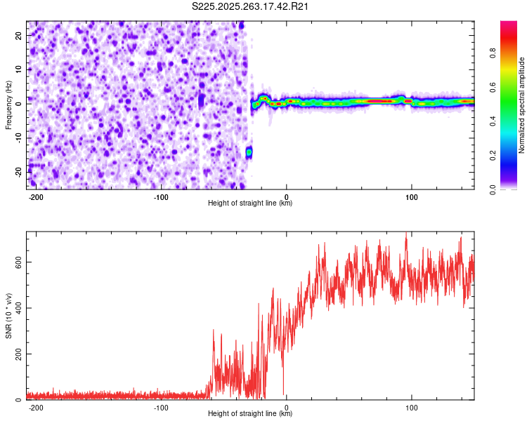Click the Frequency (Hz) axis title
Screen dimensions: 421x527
pyautogui.click(x=9, y=105)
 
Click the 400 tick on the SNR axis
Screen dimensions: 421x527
pyautogui.click(x=16, y=308)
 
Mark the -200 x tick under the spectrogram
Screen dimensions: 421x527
pyautogui.click(x=36, y=196)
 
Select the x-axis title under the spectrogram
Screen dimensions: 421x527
pyautogui.click(x=250, y=203)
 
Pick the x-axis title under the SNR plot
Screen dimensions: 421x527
pyautogui.click(x=250, y=414)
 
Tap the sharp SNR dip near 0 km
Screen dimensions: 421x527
pyautogui.click(x=284, y=393)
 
